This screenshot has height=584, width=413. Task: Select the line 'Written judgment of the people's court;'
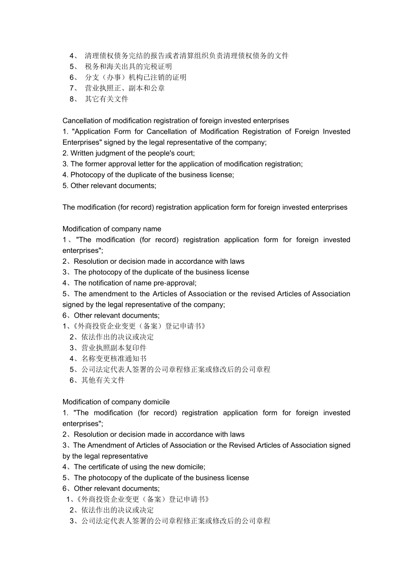[133, 153]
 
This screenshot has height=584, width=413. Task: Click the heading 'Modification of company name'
[112, 229]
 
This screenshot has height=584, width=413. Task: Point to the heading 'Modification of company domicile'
[116, 402]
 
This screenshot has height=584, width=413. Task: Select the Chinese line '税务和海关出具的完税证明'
[128, 66]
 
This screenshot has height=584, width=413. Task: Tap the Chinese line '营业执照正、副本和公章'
[125, 88]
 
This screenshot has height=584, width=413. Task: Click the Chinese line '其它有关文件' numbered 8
[107, 99]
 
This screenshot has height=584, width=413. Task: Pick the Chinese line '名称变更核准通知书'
[114, 359]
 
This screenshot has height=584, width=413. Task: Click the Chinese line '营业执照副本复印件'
[114, 348]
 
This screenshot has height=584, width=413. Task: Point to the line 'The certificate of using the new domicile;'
[139, 467]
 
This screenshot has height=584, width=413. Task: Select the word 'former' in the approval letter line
[96, 164]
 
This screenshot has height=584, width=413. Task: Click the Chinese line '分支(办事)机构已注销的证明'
[136, 77]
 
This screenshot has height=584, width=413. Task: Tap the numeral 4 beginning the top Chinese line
[72, 56]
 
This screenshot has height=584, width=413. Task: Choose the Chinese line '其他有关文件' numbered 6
[103, 381]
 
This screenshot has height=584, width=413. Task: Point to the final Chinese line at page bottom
[176, 521]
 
